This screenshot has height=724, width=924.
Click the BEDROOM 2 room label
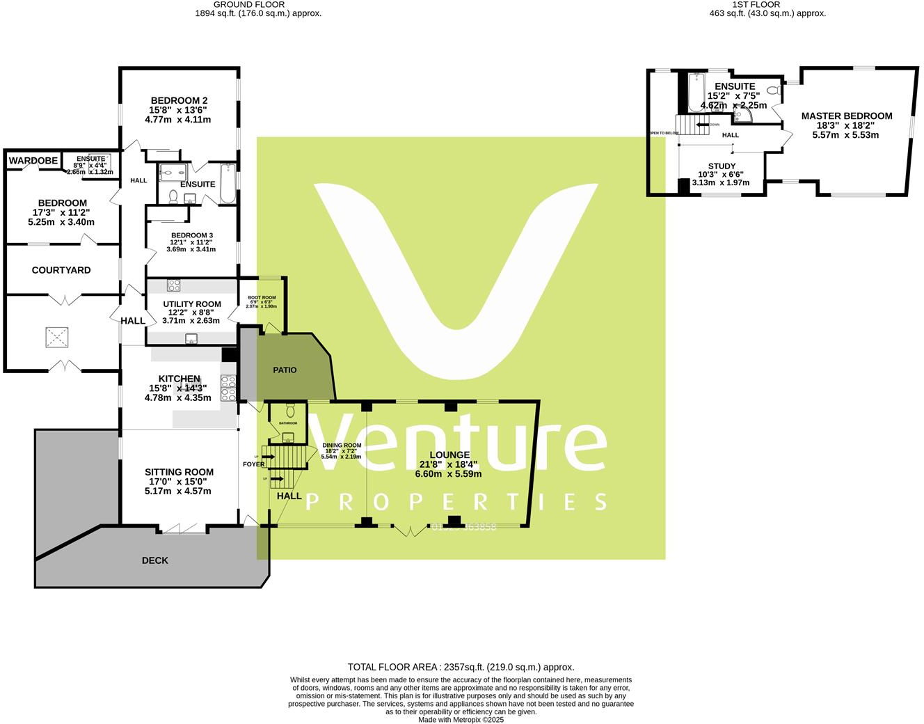179,100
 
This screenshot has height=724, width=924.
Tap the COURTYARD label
61,270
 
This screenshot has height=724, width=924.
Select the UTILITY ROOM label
192,304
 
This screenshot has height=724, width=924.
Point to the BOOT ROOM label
262,298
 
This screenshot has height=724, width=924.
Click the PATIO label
285,370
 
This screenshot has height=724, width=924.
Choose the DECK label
154,560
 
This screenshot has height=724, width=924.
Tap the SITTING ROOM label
179,472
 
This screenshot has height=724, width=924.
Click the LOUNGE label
449,455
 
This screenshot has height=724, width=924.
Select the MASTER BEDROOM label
846,116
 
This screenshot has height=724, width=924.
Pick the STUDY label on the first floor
722,166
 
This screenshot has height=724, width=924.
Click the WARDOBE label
33,161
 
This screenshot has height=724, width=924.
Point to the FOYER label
253,464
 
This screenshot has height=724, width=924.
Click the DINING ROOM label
342,446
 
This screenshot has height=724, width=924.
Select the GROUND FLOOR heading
258,4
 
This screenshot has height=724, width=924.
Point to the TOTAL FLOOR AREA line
461,667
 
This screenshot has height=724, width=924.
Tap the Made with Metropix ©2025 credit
461,720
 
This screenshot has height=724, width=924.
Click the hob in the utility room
174,285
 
